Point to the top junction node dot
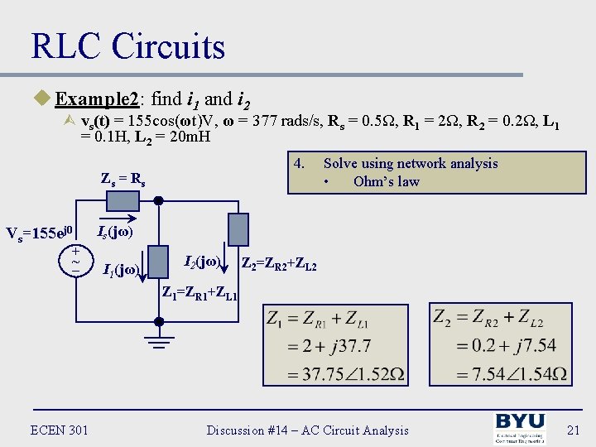tap(159, 200)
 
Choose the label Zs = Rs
tap(123, 177)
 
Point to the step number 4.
tap(300, 163)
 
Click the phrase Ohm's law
tap(386, 181)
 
